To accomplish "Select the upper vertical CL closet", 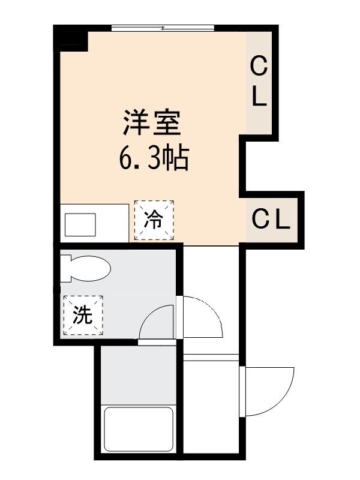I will coord(259,83).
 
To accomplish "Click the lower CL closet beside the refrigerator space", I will coord(271,220).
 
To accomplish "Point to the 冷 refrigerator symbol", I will coord(154,220).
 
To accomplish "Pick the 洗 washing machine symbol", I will coord(83,315).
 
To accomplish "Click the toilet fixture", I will coord(86,269).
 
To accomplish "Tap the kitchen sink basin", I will coord(80,225).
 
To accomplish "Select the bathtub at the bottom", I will coord(139,430).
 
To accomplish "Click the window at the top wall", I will coord(163,28).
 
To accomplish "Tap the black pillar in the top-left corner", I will coord(70,37).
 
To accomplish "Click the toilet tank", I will coord(65,269).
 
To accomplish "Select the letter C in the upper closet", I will coord(259,67).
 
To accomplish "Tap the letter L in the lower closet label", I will coord(283,220).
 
